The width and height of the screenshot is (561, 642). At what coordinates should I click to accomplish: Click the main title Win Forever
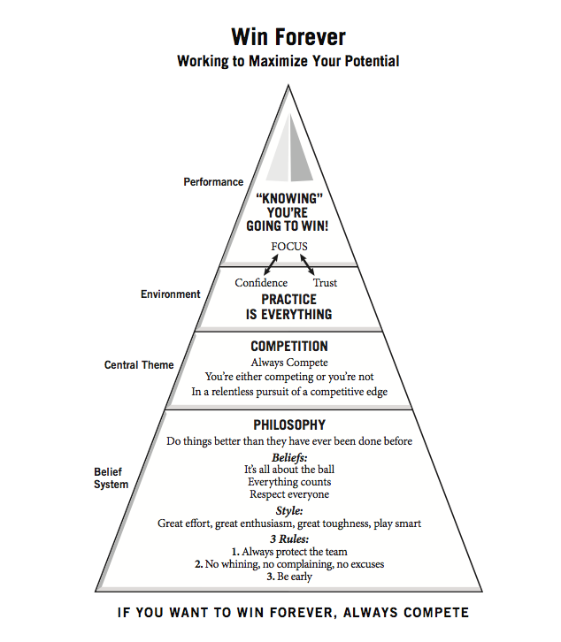click(288, 37)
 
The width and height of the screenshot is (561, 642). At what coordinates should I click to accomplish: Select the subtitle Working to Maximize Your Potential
click(288, 62)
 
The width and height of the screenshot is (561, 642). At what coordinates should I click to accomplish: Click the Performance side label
click(213, 182)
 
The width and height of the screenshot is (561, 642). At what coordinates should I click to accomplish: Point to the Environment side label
click(171, 294)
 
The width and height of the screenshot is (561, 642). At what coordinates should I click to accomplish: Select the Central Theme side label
click(139, 364)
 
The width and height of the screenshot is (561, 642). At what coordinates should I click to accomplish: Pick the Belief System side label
click(111, 478)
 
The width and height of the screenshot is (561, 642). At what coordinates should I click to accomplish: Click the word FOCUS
click(289, 246)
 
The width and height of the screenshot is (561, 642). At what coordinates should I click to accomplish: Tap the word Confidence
click(261, 283)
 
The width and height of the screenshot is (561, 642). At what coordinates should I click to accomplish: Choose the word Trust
click(325, 283)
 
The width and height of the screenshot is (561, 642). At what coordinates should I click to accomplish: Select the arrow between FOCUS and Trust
click(307, 264)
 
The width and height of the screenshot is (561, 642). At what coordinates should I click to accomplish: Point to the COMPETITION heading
click(289, 347)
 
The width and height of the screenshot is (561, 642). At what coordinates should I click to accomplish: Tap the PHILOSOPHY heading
click(289, 425)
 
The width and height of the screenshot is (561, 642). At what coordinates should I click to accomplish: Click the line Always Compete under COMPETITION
click(289, 363)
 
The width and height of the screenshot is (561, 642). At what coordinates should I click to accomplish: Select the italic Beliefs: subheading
click(289, 456)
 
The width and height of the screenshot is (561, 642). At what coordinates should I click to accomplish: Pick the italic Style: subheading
click(289, 510)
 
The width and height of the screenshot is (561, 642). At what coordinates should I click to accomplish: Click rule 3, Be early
click(289, 577)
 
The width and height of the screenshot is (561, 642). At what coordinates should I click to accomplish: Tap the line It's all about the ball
click(289, 469)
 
